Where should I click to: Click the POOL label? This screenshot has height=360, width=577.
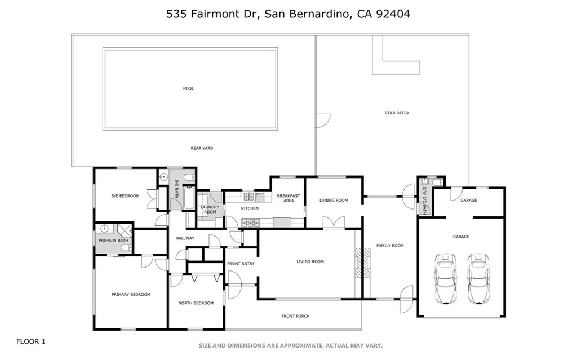point(188,88)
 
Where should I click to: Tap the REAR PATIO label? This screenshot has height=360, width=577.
point(396,113)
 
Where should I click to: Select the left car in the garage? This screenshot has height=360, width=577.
point(445,278)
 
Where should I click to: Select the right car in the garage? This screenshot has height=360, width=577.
point(477,278)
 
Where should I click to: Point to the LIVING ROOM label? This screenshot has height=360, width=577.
point(310,261)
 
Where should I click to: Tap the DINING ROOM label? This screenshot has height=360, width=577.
point(334,200)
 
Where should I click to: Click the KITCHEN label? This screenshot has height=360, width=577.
point(250,208)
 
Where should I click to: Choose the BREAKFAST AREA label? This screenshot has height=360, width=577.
point(288,198)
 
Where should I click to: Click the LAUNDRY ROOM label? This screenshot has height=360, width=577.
point(210,210)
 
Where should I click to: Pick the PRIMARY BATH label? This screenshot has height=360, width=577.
point(113,241)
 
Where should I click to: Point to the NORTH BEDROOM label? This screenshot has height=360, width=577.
point(196,303)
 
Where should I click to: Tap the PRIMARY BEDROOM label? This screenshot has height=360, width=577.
point(131,294)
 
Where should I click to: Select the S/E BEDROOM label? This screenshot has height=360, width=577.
point(125,195)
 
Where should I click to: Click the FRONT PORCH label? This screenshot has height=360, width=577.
point(295,316)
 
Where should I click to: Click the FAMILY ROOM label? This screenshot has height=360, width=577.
point(390,246)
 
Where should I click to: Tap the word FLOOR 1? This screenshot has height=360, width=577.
point(30,341)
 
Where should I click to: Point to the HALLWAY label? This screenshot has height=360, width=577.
point(185,238)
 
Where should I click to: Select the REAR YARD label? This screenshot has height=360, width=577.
point(202,148)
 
